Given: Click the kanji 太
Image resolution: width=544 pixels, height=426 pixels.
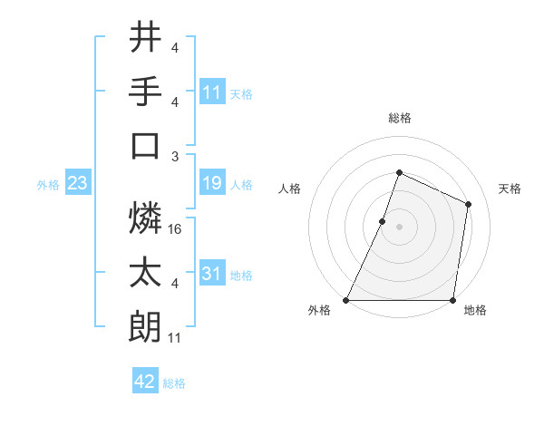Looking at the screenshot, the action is tap(146, 272).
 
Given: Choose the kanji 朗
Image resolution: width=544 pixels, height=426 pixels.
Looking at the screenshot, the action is tap(146, 326).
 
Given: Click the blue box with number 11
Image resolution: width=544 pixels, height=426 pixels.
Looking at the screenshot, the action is tap(212, 92).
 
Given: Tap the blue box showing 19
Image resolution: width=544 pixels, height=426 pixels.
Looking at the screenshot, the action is tap(212, 184).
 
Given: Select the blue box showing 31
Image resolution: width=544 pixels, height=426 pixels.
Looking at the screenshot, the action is tap(212, 274).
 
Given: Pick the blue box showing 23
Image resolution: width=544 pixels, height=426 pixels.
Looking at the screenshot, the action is tap(77, 184).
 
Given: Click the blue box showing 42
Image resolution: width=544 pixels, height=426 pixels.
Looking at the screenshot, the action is tap(144, 382).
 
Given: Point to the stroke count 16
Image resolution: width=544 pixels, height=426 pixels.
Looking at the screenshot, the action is tap(176, 229).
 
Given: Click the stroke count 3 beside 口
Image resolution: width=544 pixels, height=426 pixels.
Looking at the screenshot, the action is tap(174, 156).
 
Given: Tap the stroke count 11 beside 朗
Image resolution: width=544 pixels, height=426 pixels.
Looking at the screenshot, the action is tap(175, 338).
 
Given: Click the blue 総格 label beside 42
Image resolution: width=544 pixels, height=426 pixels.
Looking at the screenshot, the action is tap(174, 383).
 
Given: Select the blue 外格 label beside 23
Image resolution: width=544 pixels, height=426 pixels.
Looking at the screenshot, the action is tap(48, 185).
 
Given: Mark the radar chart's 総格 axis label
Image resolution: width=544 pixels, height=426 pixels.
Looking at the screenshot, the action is tap(400, 118).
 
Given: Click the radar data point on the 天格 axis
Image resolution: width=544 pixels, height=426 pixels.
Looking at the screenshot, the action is tap(469, 204).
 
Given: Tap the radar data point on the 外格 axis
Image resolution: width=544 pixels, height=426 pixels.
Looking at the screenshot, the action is tap(346, 300).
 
